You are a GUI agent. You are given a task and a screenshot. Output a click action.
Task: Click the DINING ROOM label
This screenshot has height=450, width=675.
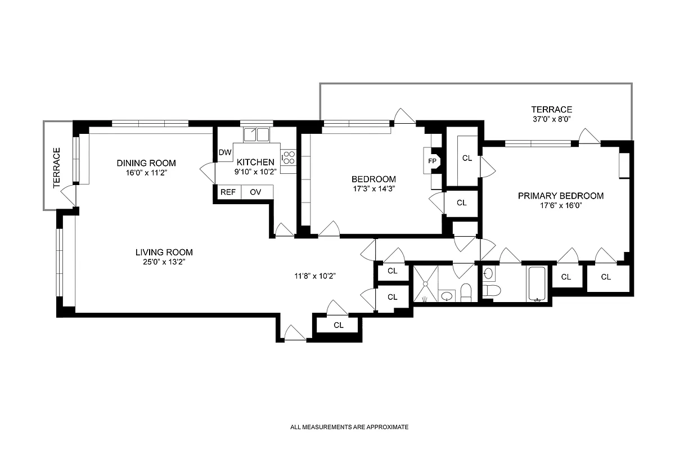click(x=143, y=163)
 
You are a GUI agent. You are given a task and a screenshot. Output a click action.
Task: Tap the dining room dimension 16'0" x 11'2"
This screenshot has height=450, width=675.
click(x=143, y=173)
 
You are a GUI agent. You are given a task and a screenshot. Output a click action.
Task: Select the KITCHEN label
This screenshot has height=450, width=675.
click(x=255, y=162)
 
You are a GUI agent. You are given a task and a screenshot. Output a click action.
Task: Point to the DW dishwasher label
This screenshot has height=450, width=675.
click(x=225, y=152)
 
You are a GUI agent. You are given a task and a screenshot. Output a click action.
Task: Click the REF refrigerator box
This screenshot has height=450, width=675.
click(x=228, y=192)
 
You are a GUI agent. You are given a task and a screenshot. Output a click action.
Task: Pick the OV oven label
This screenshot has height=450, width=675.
click(x=255, y=192)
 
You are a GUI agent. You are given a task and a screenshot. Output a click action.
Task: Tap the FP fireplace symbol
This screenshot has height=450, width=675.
click(x=433, y=160)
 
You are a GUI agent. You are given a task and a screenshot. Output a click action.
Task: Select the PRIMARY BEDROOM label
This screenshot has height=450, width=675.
click(x=561, y=196)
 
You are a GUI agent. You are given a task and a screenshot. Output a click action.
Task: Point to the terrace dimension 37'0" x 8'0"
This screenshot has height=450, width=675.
click(x=552, y=119)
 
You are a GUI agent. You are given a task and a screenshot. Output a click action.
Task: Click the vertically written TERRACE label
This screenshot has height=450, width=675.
click(x=56, y=167)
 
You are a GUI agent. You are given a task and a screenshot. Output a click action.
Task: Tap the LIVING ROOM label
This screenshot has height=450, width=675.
click(x=164, y=252)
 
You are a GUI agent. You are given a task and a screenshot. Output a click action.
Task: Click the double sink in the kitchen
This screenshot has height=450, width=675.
click(x=256, y=135)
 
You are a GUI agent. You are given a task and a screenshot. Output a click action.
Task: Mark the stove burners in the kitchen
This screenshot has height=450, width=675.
click(x=289, y=156)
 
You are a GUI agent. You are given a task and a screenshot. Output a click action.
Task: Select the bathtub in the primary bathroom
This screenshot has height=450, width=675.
click(x=539, y=283)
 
